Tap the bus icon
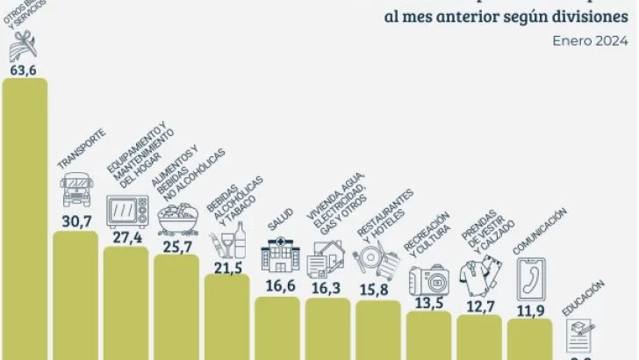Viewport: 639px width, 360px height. [x=75, y=190]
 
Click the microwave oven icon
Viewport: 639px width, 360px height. [x=126, y=212]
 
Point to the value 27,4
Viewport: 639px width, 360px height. [x=126, y=238]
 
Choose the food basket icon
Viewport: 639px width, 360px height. [x=176, y=216]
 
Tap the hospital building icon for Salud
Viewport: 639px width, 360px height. [x=278, y=257]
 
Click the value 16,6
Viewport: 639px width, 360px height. [x=278, y=285]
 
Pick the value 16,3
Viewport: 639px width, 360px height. [x=328, y=286]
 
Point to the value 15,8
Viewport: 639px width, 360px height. [x=378, y=287]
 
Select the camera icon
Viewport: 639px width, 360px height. [x=429, y=279]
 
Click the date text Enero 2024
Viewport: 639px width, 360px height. [x=588, y=40]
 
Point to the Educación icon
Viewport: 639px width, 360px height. [x=580, y=333]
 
